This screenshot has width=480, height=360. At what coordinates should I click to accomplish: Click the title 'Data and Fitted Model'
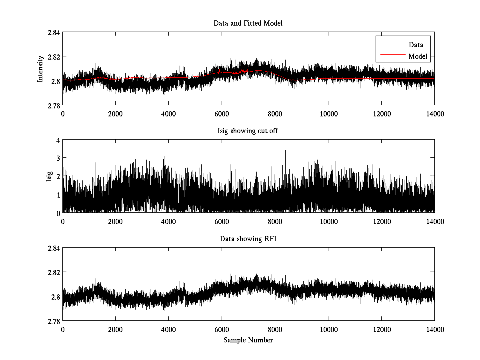(248, 23)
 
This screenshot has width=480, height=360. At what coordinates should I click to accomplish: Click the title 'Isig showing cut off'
(248, 131)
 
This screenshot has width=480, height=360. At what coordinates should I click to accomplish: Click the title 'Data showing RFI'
(248, 239)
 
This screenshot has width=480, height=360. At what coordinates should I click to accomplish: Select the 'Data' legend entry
(416, 45)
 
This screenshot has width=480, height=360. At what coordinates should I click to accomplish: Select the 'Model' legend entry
(418, 56)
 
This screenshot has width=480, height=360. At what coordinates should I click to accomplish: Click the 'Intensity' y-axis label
(40, 69)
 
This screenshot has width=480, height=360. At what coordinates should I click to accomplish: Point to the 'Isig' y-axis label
(49, 177)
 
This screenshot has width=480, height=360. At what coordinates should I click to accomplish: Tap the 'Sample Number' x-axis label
(248, 340)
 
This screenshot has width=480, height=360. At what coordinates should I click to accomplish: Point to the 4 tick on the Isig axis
(58, 140)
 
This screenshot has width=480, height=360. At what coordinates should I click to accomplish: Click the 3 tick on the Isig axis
(58, 158)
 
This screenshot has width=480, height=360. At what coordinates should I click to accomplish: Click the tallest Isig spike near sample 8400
(285, 151)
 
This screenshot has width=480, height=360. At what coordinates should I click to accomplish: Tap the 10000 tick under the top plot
(328, 113)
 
